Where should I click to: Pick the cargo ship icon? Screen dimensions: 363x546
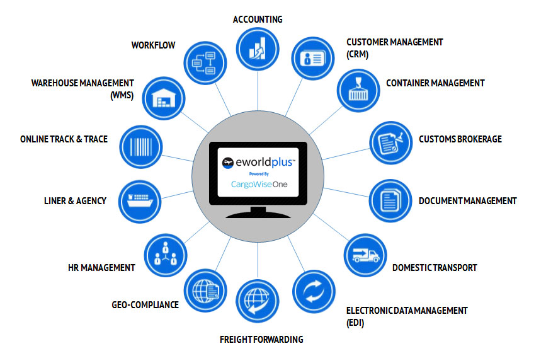[x=139, y=200]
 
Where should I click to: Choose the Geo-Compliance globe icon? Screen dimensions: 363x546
[x=205, y=289]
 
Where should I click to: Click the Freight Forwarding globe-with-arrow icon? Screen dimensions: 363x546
[x=258, y=301]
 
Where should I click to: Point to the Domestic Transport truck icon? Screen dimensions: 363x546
[x=364, y=254]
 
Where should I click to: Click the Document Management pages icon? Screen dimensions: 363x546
[x=389, y=201]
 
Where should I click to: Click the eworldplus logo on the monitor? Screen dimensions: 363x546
[x=258, y=162]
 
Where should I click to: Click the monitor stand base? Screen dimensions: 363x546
[x=258, y=214]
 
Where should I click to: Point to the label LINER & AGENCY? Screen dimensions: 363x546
[x=76, y=200]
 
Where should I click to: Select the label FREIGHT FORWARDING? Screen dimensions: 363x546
[x=261, y=339]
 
